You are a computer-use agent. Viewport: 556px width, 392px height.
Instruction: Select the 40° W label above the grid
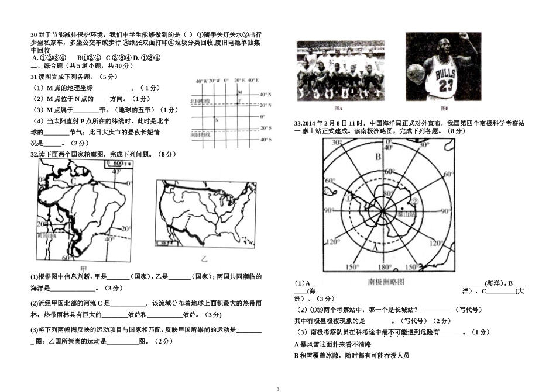click(202, 81)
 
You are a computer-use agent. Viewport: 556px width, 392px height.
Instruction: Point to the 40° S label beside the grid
click(265, 140)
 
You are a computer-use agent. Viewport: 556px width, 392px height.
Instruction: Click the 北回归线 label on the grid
click(200, 101)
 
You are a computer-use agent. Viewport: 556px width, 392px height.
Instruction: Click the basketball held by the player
click(415, 74)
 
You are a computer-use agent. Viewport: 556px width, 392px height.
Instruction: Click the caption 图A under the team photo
click(338, 109)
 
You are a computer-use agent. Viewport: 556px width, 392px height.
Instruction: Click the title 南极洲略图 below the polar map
click(387, 281)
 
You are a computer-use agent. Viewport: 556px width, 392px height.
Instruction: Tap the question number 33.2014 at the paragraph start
click(307, 123)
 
